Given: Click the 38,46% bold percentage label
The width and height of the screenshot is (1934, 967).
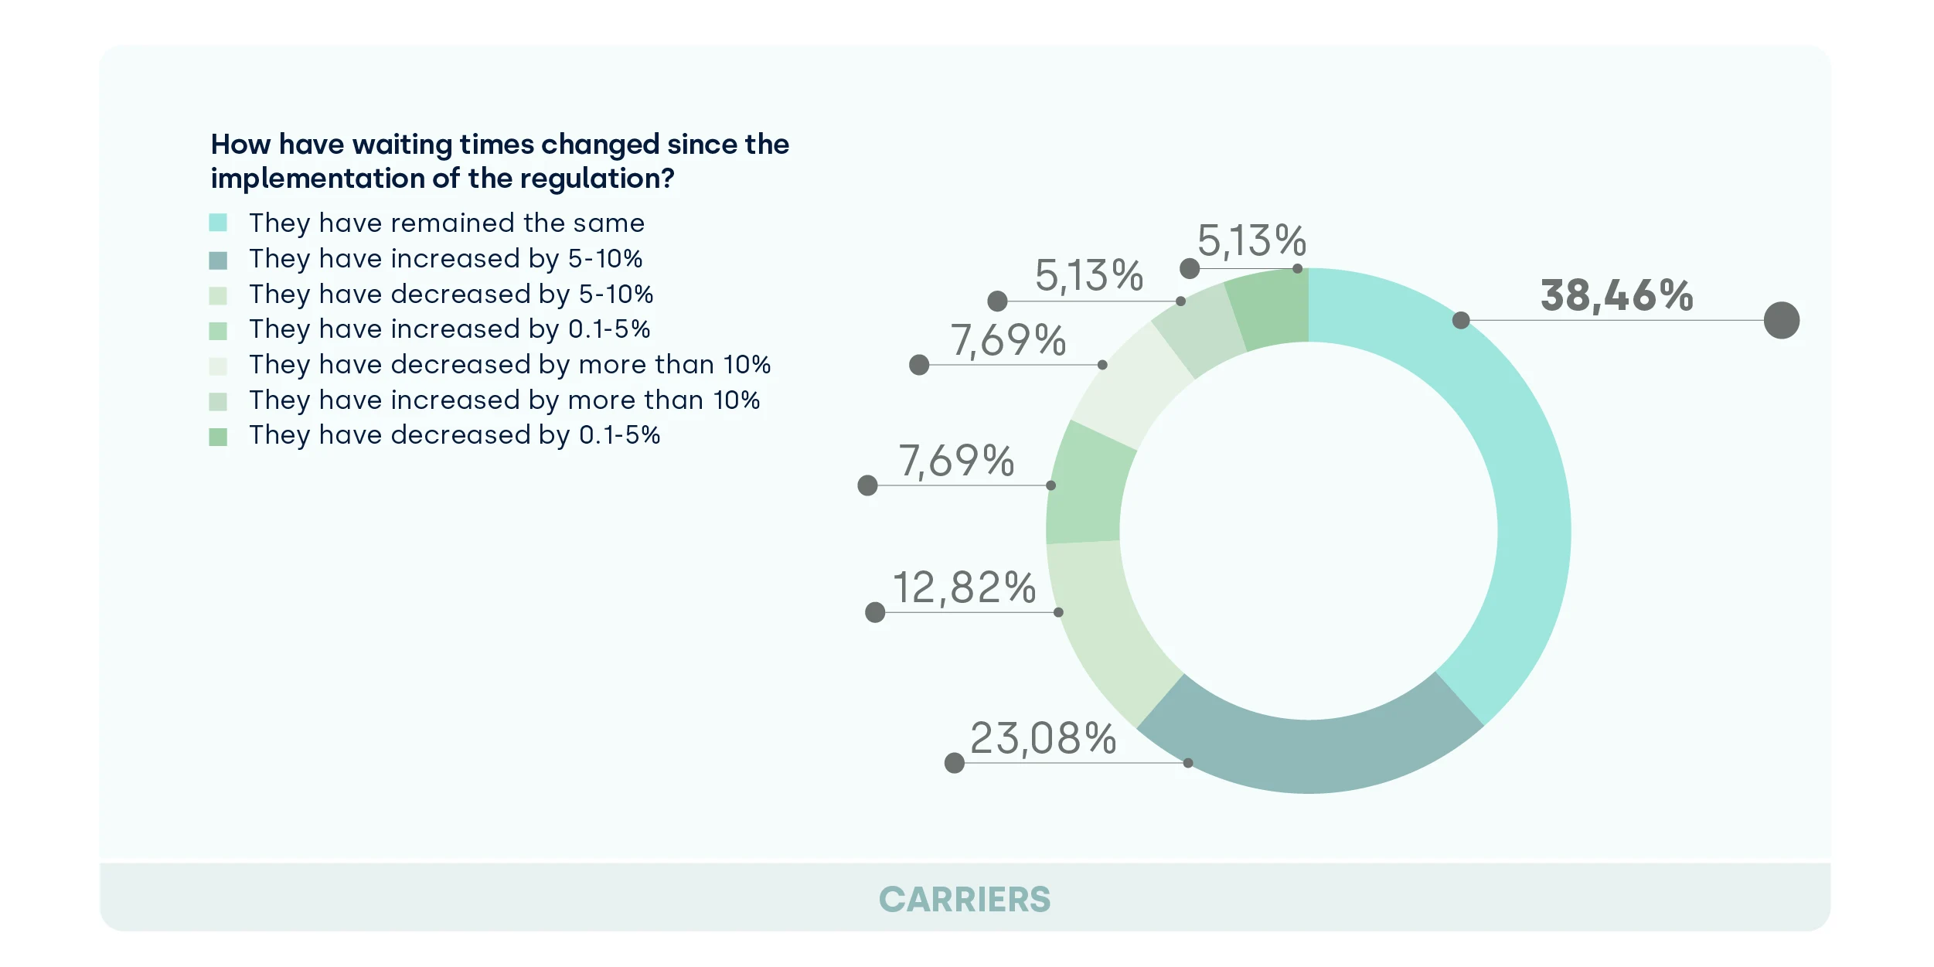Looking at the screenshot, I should pyautogui.click(x=1616, y=296).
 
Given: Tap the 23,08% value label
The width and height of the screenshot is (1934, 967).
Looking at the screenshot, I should pyautogui.click(x=1043, y=738).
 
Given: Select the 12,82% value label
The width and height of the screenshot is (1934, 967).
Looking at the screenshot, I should pyautogui.click(x=964, y=588).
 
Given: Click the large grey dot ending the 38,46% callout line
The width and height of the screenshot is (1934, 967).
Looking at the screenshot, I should pyautogui.click(x=1781, y=320).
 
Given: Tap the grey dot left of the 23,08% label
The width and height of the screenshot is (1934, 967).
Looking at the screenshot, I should pyautogui.click(x=955, y=764).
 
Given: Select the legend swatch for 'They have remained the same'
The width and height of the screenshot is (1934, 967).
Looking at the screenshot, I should pyautogui.click(x=218, y=223).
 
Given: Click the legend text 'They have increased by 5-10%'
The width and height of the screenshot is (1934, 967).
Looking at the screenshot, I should pyautogui.click(x=445, y=259).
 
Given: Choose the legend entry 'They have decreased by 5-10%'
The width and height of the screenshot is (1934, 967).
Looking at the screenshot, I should pyautogui.click(x=451, y=295).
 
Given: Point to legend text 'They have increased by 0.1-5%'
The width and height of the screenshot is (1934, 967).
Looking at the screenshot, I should pyautogui.click(x=449, y=329).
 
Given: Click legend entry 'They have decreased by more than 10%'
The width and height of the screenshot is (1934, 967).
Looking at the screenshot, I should pyautogui.click(x=509, y=365).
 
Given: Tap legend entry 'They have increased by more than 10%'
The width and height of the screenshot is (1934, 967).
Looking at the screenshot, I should pyautogui.click(x=504, y=400).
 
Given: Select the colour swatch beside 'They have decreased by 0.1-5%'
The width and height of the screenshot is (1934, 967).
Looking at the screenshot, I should pyautogui.click(x=218, y=437).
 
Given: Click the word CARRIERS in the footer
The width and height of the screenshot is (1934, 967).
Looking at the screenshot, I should pyautogui.click(x=965, y=900).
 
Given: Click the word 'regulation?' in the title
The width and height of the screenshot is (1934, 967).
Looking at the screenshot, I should pyautogui.click(x=597, y=179).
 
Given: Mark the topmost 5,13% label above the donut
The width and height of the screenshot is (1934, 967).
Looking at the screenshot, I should pyautogui.click(x=1251, y=240).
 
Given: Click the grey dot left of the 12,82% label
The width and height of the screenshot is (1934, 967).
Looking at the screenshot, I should pyautogui.click(x=875, y=613).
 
